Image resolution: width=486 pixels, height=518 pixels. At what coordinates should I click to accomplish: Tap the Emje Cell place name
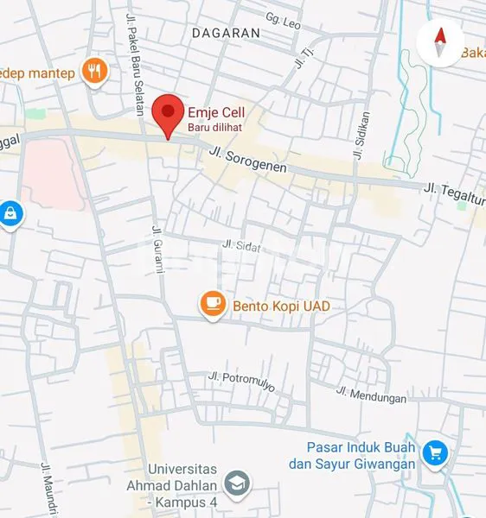[215, 113]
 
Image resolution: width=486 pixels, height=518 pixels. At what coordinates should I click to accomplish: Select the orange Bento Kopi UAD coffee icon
[213, 305]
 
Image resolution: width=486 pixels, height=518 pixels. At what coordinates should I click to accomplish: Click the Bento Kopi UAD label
[280, 306]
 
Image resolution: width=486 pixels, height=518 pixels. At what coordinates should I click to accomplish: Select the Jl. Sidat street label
[241, 246]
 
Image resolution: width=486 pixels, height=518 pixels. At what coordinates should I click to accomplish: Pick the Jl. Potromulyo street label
[241, 381]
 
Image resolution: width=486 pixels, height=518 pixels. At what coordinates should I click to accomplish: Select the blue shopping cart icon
[434, 452]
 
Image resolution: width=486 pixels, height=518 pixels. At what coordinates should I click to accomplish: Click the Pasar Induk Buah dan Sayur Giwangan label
[361, 456]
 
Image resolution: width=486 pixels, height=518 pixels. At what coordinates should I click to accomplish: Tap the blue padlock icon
[10, 213]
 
